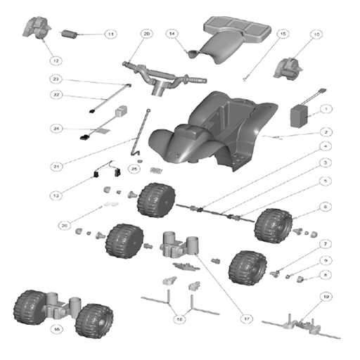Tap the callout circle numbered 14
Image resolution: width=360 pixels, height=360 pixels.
[171, 33]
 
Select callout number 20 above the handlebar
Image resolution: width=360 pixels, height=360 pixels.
[146, 33]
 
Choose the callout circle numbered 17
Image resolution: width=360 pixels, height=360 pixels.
[247, 319]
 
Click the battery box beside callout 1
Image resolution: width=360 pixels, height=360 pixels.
[302, 115]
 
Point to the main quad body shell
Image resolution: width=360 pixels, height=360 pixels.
[211, 127]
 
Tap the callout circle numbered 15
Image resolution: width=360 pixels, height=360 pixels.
[283, 33]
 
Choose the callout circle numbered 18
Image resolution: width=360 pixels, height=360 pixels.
[181, 319]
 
